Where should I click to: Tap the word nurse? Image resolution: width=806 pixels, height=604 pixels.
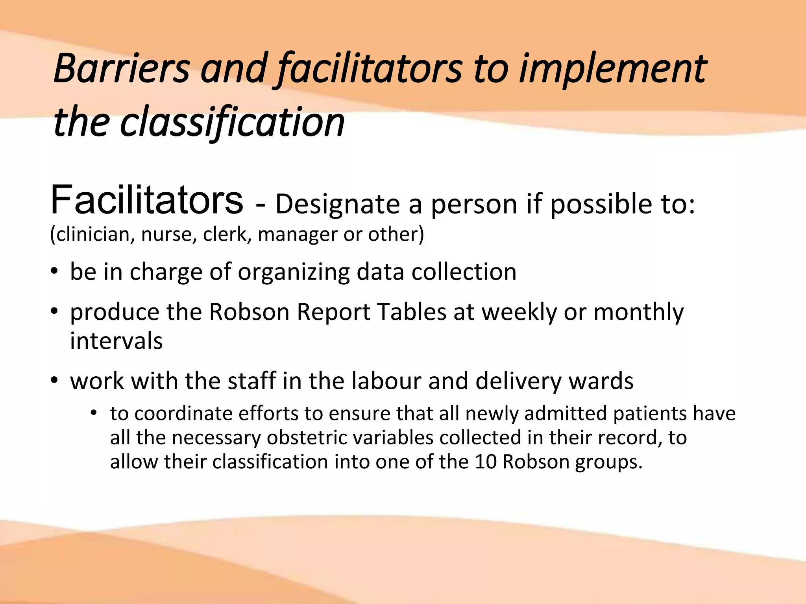[x=169, y=235]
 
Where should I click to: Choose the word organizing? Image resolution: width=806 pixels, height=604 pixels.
[x=294, y=273]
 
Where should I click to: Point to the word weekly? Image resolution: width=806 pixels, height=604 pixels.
[x=519, y=313]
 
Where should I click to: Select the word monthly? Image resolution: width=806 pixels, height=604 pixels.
[x=638, y=313]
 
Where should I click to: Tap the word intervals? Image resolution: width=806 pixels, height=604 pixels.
[x=116, y=341]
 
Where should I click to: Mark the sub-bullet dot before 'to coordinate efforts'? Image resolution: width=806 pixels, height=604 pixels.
[x=93, y=413]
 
